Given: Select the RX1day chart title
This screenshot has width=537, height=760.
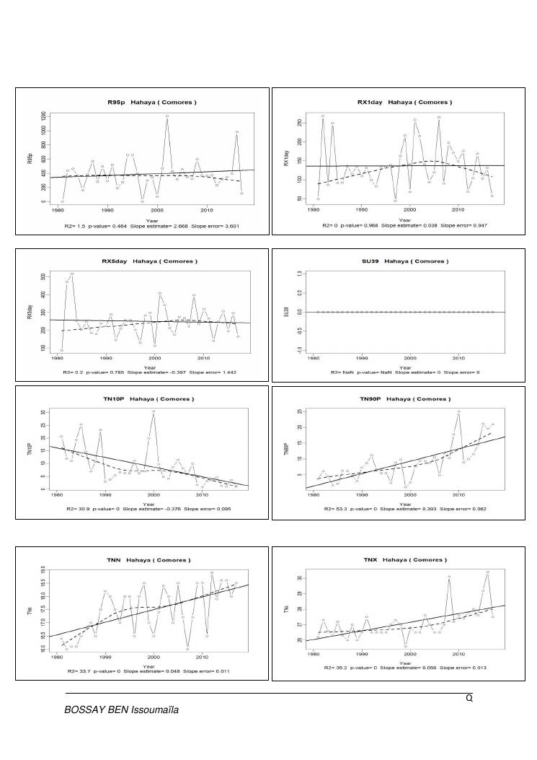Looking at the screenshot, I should point(405,102).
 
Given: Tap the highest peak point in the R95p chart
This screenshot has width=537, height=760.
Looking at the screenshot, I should point(167,115).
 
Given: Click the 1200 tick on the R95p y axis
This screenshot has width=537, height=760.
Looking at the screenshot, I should point(44,115).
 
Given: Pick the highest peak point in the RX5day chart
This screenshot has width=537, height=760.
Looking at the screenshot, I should point(72,274).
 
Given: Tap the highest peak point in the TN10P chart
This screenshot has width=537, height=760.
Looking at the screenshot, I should point(154,411).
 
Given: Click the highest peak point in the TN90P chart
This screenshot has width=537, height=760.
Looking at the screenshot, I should point(458,411).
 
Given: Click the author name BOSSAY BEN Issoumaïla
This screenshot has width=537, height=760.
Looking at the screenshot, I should point(122,709).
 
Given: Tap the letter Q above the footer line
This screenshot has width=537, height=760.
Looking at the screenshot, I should point(469,699).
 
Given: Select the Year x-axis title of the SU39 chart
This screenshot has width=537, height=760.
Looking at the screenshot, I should point(405,366).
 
